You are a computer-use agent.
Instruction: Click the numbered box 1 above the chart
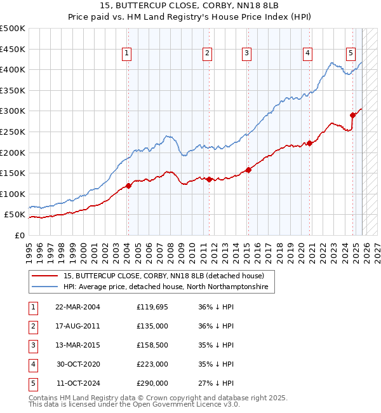tap(128, 53)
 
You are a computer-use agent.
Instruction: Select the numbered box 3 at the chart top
tap(246, 53)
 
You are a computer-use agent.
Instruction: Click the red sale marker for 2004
tap(128, 186)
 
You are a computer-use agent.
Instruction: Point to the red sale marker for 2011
tap(209, 179)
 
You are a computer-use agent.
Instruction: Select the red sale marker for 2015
tap(248, 170)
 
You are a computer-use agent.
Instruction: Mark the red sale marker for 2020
tap(309, 143)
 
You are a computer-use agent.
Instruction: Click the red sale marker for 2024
tap(352, 115)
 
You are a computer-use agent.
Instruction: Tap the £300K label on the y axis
tap(13, 111)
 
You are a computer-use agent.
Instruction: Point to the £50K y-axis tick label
tap(15, 215)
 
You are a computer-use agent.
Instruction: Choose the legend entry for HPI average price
tap(165, 287)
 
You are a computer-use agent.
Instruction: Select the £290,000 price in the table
tap(152, 383)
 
